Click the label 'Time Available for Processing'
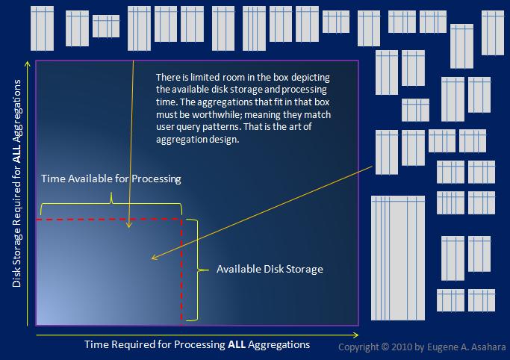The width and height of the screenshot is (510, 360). (111, 179)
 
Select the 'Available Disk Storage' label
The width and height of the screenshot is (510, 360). (270, 269)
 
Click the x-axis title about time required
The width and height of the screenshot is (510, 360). (195, 344)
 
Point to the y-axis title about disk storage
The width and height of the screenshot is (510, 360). (17, 193)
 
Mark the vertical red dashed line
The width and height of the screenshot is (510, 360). (181, 269)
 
